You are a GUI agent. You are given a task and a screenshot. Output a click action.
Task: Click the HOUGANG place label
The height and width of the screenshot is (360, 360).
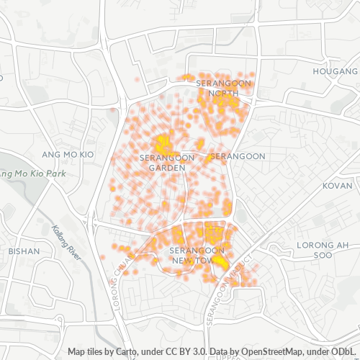pos(336,72)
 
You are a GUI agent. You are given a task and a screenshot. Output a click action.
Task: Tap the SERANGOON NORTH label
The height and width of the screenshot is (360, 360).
pos(223,89)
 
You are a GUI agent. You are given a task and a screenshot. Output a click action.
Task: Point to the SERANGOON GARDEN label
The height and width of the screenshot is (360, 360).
pos(162,162)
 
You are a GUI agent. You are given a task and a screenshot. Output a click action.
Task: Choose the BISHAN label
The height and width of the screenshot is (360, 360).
pos(24,251)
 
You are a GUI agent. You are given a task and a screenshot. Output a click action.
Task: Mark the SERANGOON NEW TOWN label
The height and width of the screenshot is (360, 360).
pos(197,254)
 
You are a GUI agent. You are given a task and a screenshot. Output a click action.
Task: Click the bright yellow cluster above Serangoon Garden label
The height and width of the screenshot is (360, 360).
pos(163,141)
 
